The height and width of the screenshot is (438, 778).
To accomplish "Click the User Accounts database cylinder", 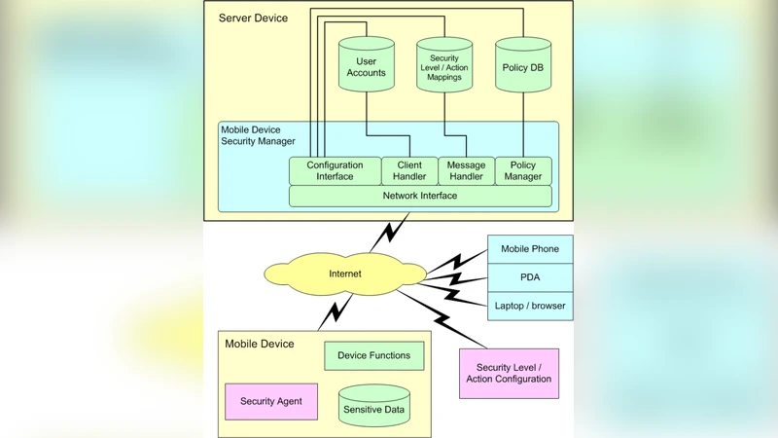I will pyautogui.click(x=366, y=66).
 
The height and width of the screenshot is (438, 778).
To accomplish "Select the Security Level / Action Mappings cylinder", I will pyautogui.click(x=444, y=66).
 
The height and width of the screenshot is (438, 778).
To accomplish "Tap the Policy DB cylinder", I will pyautogui.click(x=523, y=66).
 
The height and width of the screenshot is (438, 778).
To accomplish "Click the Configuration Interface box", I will pyautogui.click(x=335, y=171).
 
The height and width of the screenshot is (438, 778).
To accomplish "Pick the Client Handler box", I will pyautogui.click(x=409, y=171).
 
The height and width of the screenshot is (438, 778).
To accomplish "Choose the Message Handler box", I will pyautogui.click(x=466, y=171).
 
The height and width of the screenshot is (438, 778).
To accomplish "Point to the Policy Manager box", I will pyautogui.click(x=523, y=171).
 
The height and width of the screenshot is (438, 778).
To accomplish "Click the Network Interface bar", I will pyautogui.click(x=420, y=196).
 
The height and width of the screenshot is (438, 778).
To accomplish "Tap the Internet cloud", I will pyautogui.click(x=344, y=274).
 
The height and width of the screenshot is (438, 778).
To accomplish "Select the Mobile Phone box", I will pyautogui.click(x=530, y=249).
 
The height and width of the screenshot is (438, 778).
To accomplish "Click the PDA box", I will pyautogui.click(x=530, y=277).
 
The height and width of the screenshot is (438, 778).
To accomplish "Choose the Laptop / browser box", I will pyautogui.click(x=530, y=306).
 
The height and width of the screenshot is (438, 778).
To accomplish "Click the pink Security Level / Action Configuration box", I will pyautogui.click(x=509, y=373).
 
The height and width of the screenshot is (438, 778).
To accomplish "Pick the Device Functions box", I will pyautogui.click(x=373, y=355).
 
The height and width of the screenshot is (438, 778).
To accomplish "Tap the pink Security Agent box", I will pyautogui.click(x=271, y=401).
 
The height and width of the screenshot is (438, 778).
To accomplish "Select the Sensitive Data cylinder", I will pyautogui.click(x=374, y=407).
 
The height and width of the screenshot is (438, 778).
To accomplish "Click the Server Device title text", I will pyautogui.click(x=253, y=18).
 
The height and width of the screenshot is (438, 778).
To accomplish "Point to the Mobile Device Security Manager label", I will pyautogui.click(x=258, y=135).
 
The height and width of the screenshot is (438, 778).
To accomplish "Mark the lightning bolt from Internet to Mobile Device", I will pyautogui.click(x=336, y=312).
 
